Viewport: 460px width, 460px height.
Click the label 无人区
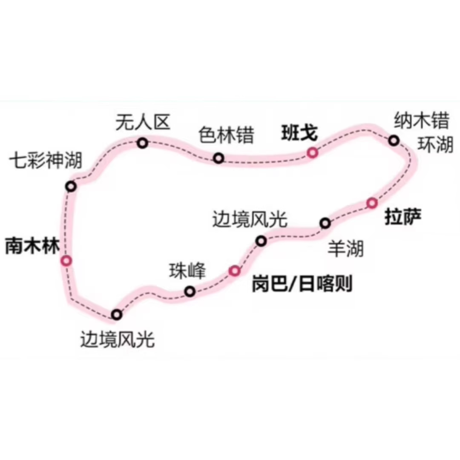(x=143, y=123)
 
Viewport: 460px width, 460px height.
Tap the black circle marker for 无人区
(x=143, y=143)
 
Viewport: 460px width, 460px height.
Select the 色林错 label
(x=226, y=136)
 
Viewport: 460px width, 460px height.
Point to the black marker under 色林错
(x=218, y=158)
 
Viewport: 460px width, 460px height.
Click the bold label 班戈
(x=299, y=133)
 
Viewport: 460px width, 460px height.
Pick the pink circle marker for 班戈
(x=313, y=152)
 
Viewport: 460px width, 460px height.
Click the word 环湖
(x=434, y=145)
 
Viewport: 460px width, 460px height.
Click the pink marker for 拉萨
(x=372, y=203)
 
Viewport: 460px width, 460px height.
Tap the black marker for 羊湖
(x=325, y=223)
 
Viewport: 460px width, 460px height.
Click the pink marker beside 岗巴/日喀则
(x=235, y=270)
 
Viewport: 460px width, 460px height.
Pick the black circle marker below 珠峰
(x=190, y=291)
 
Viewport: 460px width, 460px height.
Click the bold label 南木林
(x=32, y=247)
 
